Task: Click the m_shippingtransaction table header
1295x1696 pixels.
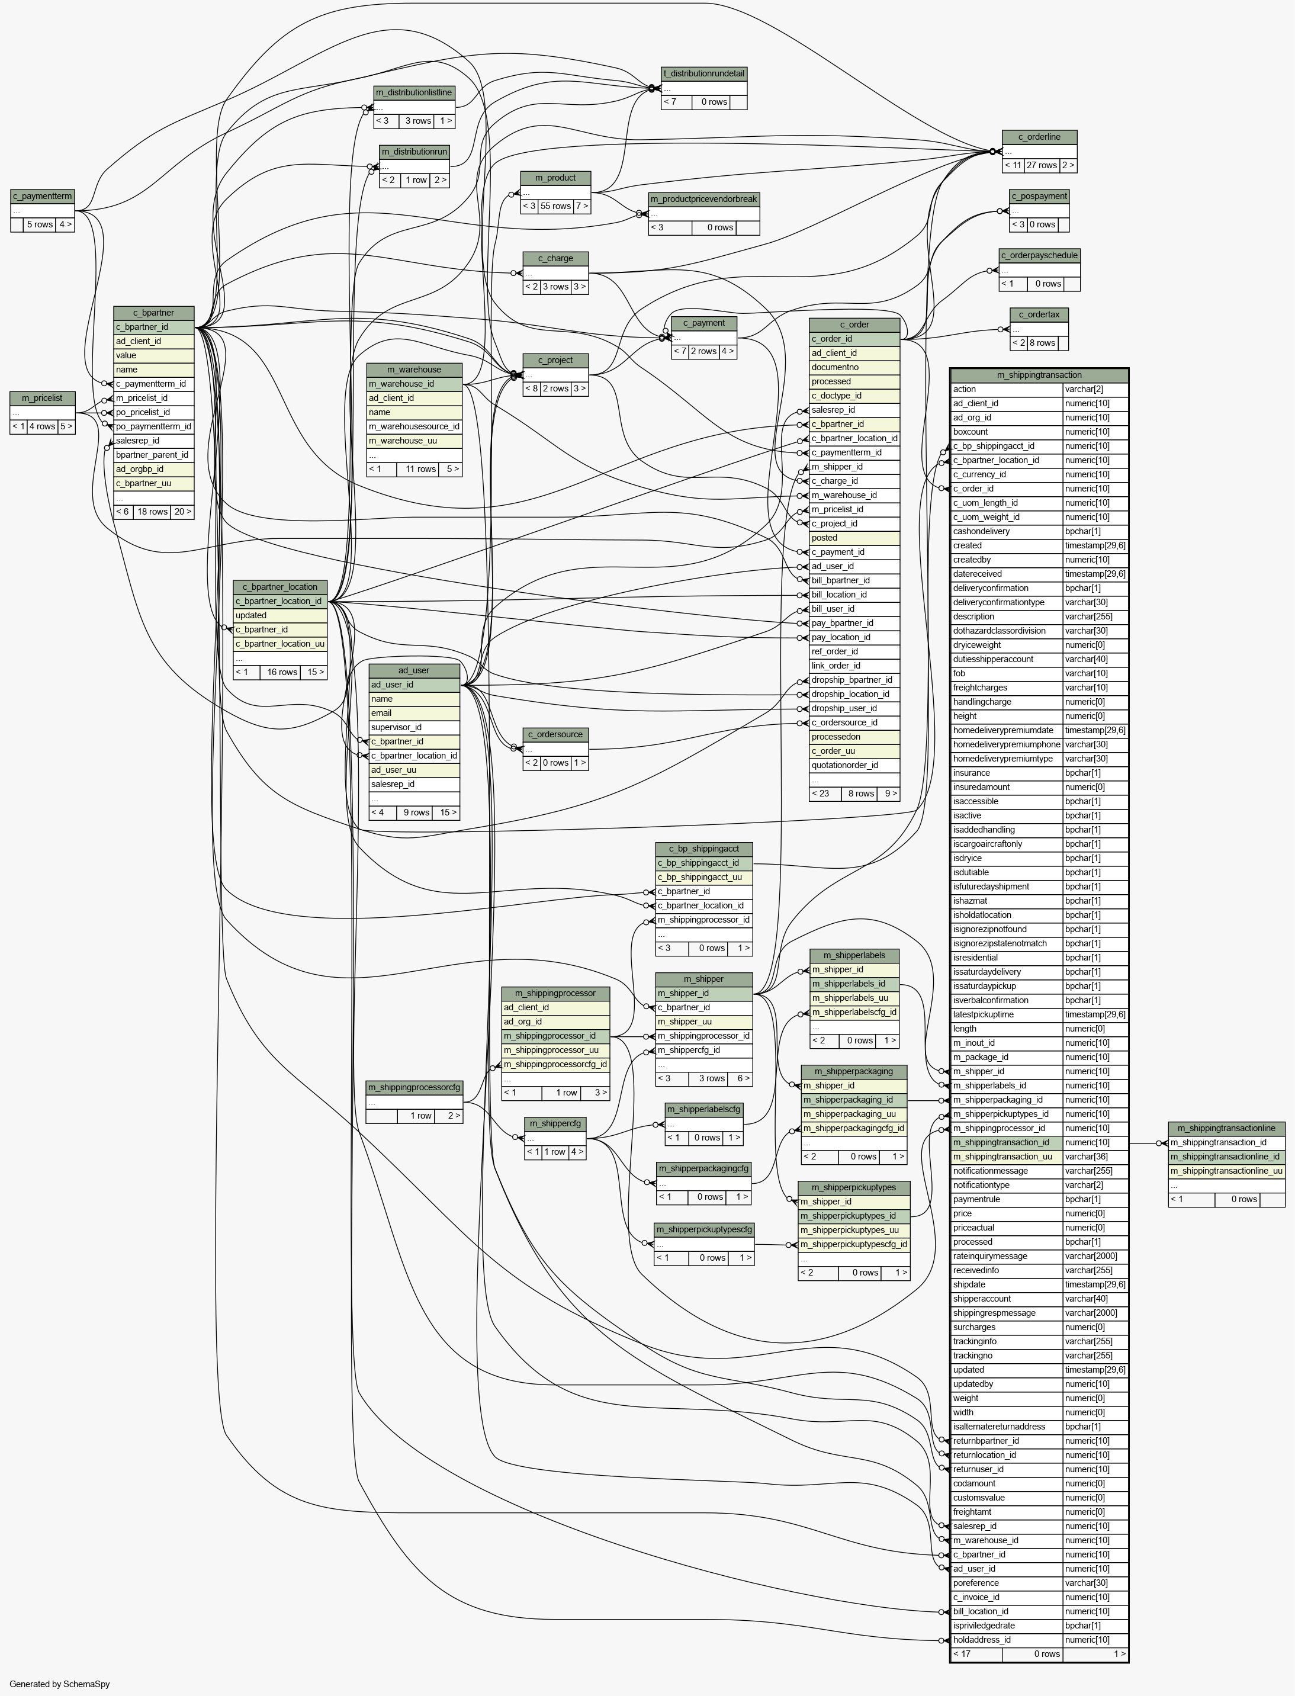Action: (x=1039, y=375)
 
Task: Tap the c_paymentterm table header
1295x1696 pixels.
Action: (x=43, y=196)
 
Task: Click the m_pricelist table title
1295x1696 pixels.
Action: (x=43, y=398)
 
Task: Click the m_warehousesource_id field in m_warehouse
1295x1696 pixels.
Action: (x=414, y=426)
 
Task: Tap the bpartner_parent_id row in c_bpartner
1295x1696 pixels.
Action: (x=153, y=455)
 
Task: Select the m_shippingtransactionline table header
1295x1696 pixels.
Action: (x=1226, y=1129)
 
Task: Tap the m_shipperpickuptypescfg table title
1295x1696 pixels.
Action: (x=704, y=1229)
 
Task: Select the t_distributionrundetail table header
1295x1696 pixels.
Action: (x=704, y=74)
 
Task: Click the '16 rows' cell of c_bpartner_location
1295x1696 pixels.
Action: (x=281, y=672)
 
